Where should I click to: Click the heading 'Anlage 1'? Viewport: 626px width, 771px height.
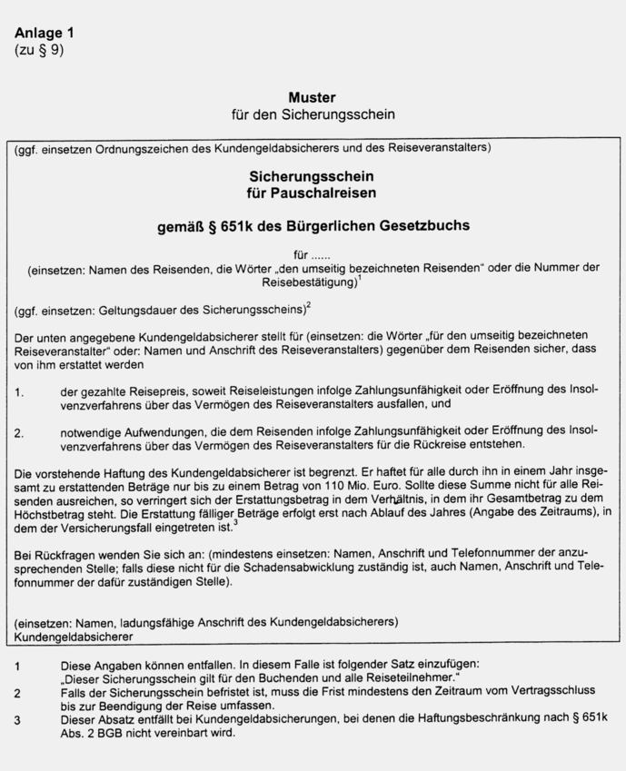(45, 33)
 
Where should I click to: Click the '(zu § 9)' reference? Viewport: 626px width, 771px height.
(39, 49)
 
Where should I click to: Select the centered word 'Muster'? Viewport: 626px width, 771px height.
(312, 97)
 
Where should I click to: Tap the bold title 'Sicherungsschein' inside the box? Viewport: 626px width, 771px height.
(312, 175)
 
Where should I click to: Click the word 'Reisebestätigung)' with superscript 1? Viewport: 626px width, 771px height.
(307, 283)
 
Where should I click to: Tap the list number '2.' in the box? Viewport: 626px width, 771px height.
(19, 432)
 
